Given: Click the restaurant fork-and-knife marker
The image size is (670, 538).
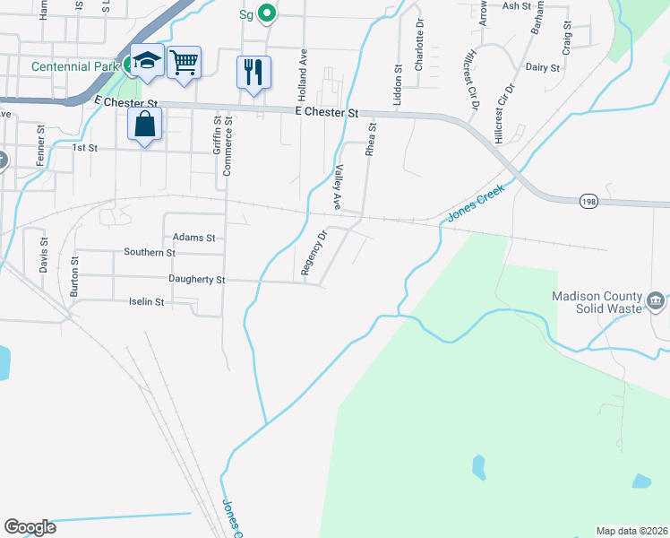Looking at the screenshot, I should point(253,70).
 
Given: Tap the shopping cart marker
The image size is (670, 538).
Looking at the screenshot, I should point(184,63).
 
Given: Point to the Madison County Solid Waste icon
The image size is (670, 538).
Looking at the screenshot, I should point(656,299).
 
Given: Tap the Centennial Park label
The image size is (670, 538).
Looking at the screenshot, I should point(74,66).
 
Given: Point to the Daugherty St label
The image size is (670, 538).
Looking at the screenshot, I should point(197,280).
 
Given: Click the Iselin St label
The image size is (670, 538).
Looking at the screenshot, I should point(147,303).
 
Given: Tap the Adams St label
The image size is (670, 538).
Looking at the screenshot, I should point(195,238).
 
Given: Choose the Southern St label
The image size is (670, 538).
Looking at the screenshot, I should point(150,253).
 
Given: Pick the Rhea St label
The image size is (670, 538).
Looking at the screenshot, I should point(370,141).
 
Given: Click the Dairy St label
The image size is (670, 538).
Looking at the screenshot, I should point(543,67).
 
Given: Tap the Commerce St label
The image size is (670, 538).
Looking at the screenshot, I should point(228,143).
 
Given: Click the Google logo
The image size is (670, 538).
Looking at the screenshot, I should point(30,527).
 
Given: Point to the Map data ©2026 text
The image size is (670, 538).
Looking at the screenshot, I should point(631,531).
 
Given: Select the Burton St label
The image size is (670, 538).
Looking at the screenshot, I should point(74,278).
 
